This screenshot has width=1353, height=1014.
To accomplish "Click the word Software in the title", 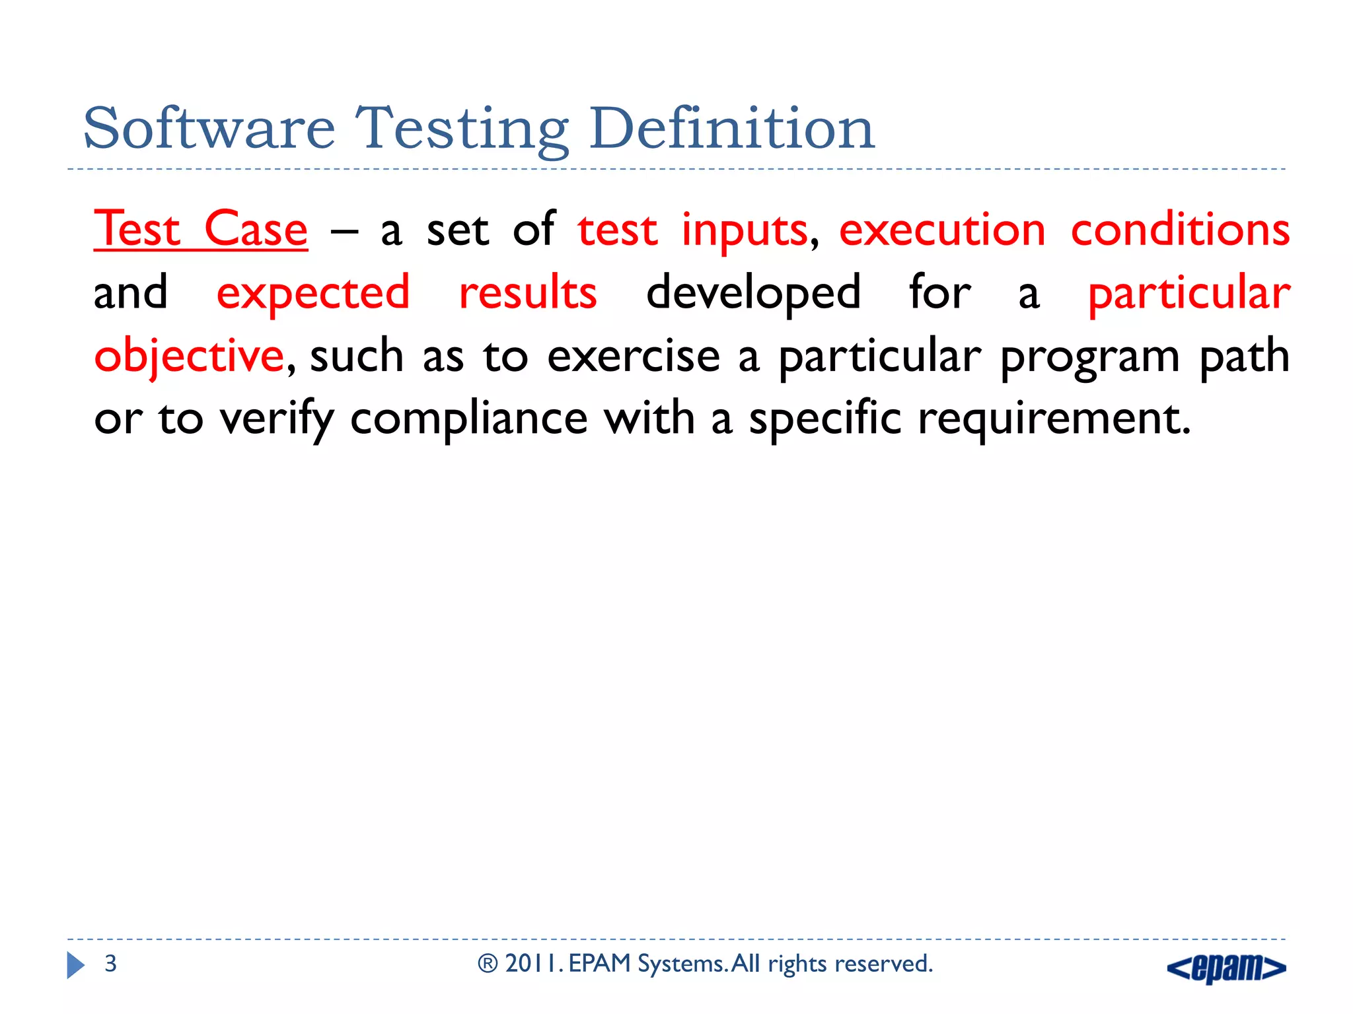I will coord(209,129).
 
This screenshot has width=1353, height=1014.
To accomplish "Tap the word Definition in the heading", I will coord(732,129).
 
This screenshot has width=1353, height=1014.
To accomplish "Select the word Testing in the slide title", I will coord(462,131).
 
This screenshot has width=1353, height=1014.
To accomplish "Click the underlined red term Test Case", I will coord(200,230).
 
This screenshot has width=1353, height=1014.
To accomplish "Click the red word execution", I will coord(942,230).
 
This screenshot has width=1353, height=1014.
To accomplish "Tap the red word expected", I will coord(313,294).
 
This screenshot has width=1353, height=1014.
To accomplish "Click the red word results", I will coord(528,292).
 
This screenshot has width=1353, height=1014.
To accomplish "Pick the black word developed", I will coord(753,294).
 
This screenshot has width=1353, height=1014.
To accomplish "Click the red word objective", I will coord(189,356).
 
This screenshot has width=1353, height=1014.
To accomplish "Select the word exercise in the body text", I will coord(633,356).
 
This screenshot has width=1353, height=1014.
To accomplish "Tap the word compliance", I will coord(468,419).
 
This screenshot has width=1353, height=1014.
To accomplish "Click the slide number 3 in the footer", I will coord(110,964).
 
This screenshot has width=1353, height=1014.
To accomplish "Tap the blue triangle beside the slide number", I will coord(75,965).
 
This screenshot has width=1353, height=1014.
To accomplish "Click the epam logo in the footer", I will coord(1226,968).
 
